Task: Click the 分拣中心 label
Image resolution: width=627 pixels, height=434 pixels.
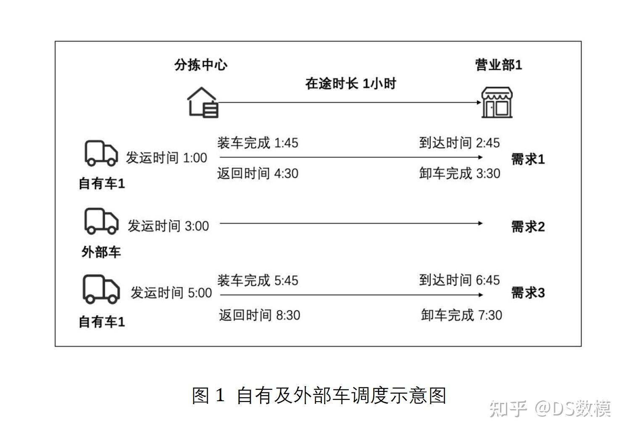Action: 201,65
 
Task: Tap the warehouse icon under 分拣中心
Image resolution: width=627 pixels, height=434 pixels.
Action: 202,102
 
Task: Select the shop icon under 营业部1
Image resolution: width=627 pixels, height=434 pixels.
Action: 497,102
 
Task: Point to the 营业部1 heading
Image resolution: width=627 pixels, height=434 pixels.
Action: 498,65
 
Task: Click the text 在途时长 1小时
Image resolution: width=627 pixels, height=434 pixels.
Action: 350,84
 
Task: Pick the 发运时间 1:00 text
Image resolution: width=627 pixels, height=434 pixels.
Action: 166,158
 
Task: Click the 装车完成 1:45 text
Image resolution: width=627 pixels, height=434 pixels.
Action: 257,143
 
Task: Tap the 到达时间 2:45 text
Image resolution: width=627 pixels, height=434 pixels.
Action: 459,143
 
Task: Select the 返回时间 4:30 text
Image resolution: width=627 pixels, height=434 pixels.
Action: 257,173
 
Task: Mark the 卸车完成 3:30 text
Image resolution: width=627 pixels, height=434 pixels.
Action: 459,173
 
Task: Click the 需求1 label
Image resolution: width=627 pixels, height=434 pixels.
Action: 527,159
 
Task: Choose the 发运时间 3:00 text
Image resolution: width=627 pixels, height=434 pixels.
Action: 168,226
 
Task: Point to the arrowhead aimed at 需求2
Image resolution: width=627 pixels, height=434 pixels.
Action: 480,223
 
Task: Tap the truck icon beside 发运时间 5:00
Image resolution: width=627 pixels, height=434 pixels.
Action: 101,289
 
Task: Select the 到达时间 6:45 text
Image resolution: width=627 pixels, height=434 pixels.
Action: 459,280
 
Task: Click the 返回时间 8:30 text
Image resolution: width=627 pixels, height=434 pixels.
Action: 259,315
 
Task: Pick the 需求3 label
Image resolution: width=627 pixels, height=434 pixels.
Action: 527,293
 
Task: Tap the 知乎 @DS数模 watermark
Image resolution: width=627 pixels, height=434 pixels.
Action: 550,408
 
